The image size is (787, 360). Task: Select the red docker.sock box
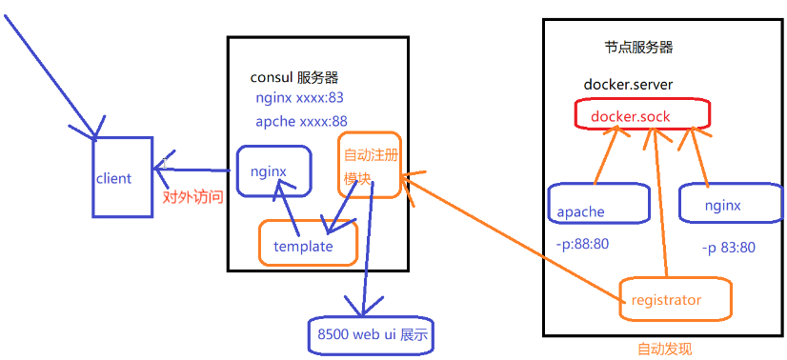point(643,115)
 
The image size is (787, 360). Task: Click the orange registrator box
point(675,299)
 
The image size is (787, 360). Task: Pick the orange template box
point(309,245)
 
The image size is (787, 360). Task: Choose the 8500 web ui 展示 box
point(371,334)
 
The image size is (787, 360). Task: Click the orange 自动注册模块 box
point(369,165)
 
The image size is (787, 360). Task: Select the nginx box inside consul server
point(273,171)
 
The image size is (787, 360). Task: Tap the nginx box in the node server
point(723,205)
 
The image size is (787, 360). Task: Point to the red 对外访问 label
point(193,197)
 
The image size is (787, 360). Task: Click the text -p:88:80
point(581,244)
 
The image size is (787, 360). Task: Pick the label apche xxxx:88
point(301,121)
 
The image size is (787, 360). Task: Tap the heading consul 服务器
point(293,77)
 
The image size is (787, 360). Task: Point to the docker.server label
point(628,85)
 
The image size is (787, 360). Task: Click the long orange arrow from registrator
point(515,238)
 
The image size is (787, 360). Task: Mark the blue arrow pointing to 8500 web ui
point(368,257)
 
